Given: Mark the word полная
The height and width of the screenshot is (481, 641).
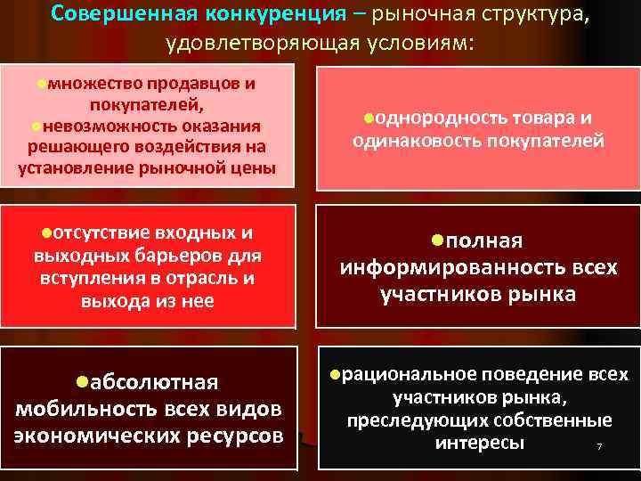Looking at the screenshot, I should (x=484, y=242).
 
